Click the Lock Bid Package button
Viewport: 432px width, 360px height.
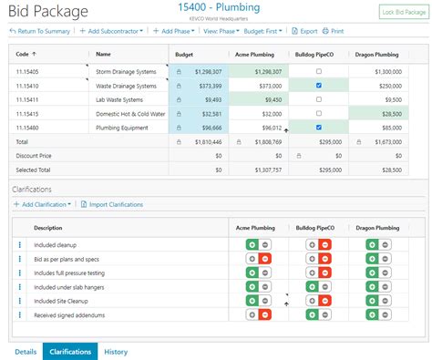click(x=402, y=12)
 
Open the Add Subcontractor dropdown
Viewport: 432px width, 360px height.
click(x=110, y=31)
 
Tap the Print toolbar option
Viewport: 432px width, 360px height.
click(x=334, y=31)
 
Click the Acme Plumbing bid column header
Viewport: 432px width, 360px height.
click(x=254, y=54)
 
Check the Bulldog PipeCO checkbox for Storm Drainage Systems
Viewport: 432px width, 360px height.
click(x=317, y=70)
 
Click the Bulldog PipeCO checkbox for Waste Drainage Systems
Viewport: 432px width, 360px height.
click(x=317, y=85)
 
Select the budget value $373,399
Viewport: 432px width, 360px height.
click(x=206, y=85)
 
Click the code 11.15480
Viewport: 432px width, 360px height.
click(x=29, y=128)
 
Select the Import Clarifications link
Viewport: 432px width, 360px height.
click(x=111, y=204)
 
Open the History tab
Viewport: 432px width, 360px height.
click(x=116, y=351)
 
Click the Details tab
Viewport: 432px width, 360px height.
click(x=26, y=351)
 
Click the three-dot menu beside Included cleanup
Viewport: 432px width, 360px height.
click(x=19, y=245)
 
